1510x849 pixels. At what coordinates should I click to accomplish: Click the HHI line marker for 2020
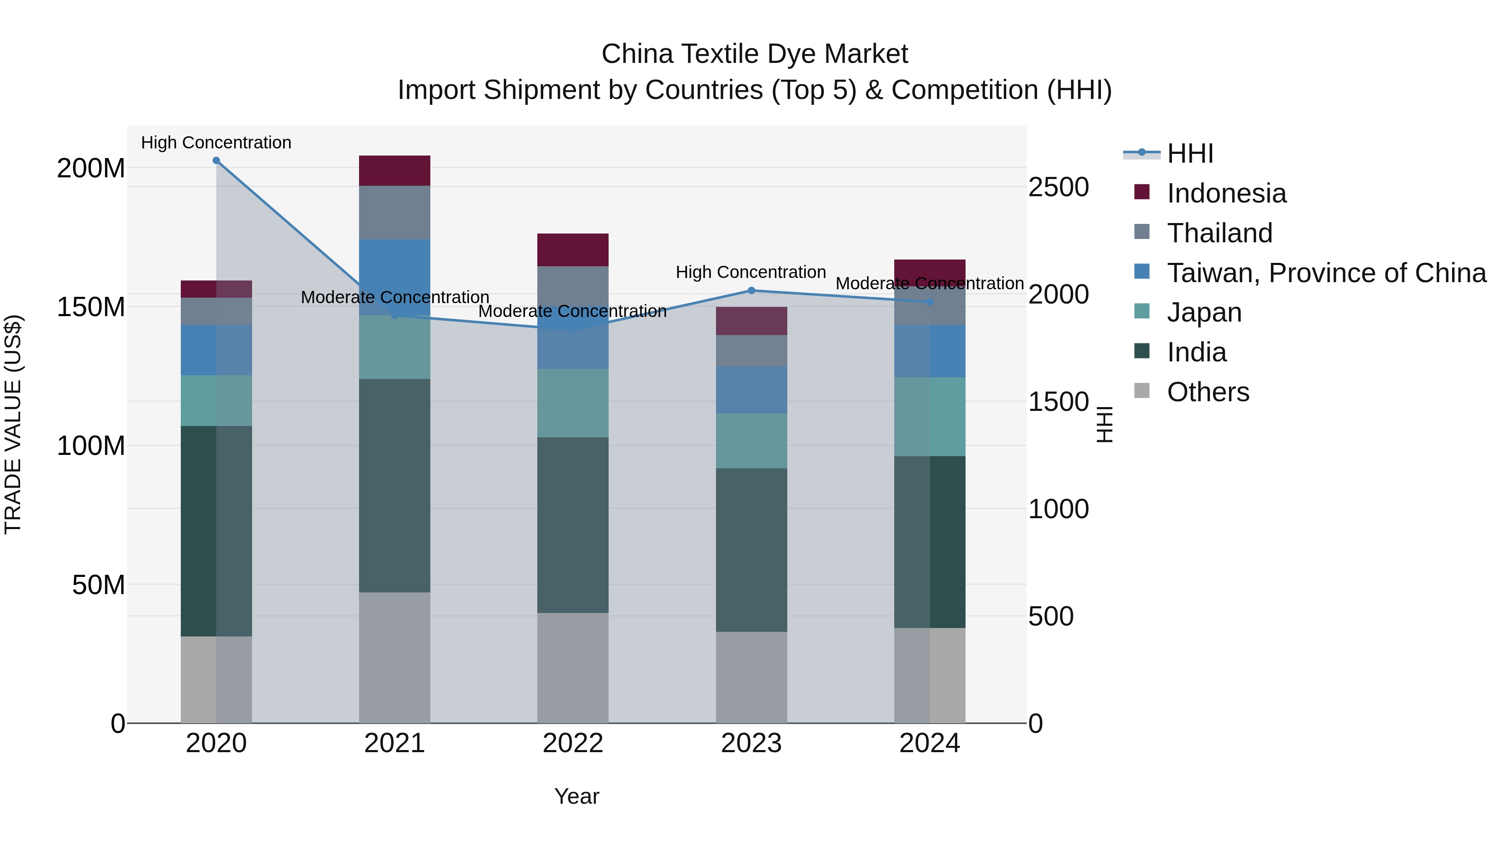(x=216, y=161)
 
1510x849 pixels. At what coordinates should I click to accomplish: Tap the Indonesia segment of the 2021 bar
(x=395, y=171)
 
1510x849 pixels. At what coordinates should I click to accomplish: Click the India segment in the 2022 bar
(x=573, y=525)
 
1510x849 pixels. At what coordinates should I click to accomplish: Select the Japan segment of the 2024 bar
(x=929, y=417)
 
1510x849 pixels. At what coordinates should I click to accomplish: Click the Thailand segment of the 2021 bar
(x=395, y=213)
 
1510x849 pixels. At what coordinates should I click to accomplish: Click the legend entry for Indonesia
(x=1226, y=193)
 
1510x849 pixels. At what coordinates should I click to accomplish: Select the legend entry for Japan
(x=1204, y=312)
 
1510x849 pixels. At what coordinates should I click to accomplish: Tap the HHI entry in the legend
(x=1190, y=153)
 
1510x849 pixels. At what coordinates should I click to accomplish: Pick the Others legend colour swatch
(x=1142, y=391)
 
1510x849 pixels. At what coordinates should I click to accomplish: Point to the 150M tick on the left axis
(x=91, y=307)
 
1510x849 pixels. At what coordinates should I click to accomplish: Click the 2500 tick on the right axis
(x=1059, y=187)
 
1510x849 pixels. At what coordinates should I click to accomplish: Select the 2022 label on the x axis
(x=573, y=743)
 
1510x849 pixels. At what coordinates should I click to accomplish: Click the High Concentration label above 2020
(x=216, y=143)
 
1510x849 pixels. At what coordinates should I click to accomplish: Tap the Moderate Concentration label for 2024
(x=929, y=283)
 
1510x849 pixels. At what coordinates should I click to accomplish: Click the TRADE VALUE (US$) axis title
(x=13, y=424)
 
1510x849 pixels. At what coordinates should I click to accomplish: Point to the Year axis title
(x=577, y=796)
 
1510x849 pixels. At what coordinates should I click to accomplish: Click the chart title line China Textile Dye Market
(x=755, y=54)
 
